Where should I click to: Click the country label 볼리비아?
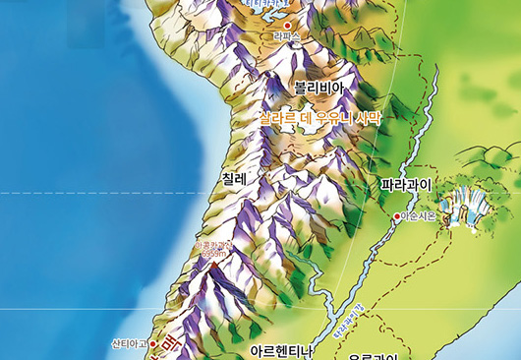tap(318, 88)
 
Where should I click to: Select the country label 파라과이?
tap(406, 184)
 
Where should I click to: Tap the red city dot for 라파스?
tap(287, 25)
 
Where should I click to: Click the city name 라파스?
tap(286, 37)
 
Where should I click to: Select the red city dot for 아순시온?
tap(396, 216)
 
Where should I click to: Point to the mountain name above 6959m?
tap(213, 245)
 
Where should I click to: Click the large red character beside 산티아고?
tap(169, 345)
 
